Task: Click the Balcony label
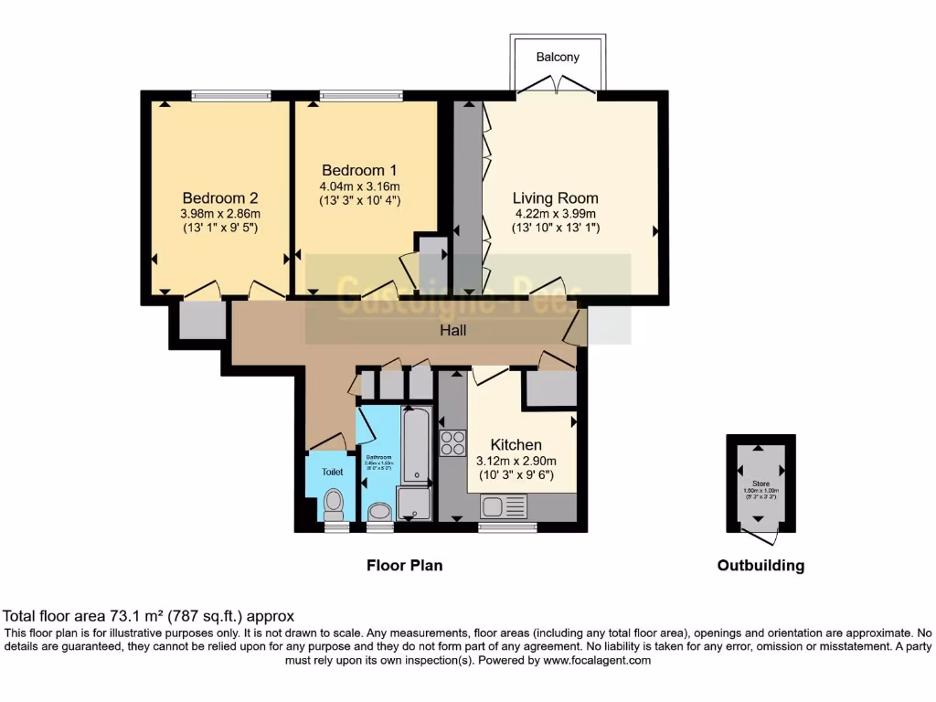(x=558, y=58)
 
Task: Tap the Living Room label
(x=555, y=198)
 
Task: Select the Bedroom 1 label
(x=359, y=170)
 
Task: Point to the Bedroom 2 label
(x=220, y=198)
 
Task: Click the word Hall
(x=453, y=330)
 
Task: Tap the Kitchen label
(x=516, y=445)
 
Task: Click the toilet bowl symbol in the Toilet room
(x=334, y=502)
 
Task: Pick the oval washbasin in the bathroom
(x=377, y=511)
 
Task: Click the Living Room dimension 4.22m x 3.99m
(x=555, y=215)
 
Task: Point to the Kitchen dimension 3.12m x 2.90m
(x=516, y=461)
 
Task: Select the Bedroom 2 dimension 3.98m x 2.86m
(x=220, y=215)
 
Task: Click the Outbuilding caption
(x=760, y=566)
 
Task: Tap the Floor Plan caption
(x=404, y=566)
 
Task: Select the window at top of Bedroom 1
(x=361, y=95)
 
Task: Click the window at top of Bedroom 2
(x=231, y=95)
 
